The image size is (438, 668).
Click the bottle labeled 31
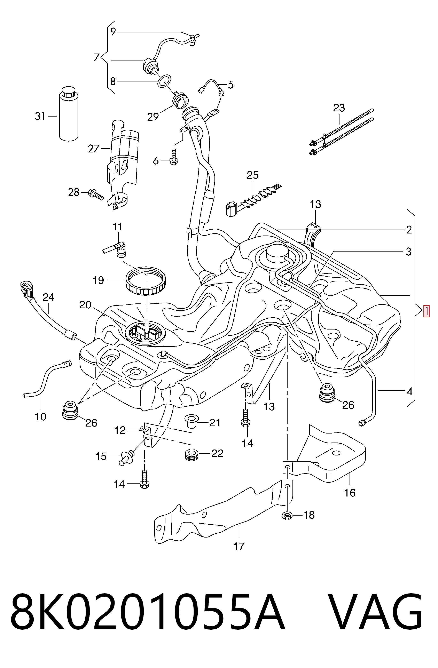point(69,113)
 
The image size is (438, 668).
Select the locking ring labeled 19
point(145,282)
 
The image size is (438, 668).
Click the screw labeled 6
point(173,157)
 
